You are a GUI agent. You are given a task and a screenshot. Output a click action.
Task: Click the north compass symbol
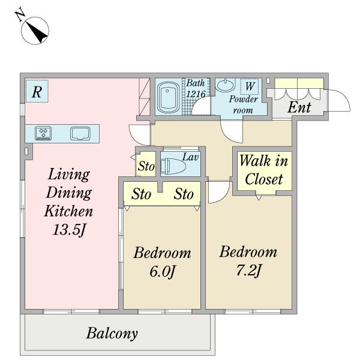[x=35, y=31]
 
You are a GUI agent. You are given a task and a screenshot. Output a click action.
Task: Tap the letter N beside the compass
[x=20, y=14]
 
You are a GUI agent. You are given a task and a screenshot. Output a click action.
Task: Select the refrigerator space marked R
[x=37, y=91]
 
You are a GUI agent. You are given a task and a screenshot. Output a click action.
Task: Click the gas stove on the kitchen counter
[x=43, y=133]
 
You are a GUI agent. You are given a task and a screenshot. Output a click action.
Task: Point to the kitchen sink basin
[x=80, y=133]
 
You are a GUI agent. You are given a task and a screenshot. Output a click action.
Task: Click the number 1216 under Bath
[x=196, y=94]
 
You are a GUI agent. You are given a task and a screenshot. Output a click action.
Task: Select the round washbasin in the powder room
[x=226, y=85]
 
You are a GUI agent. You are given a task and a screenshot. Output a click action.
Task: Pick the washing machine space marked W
[x=250, y=86]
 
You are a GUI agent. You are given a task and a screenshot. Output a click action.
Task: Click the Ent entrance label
[x=299, y=107]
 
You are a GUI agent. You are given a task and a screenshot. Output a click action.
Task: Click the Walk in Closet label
[x=264, y=169]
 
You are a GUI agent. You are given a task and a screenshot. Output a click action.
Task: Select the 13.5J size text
[x=70, y=229]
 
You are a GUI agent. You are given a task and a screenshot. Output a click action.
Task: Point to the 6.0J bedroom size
[x=163, y=271]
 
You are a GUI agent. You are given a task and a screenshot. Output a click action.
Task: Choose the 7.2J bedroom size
[x=248, y=270]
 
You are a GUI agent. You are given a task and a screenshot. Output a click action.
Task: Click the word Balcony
[x=112, y=333]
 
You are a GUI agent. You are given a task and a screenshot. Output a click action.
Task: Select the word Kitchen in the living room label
[x=68, y=211]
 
